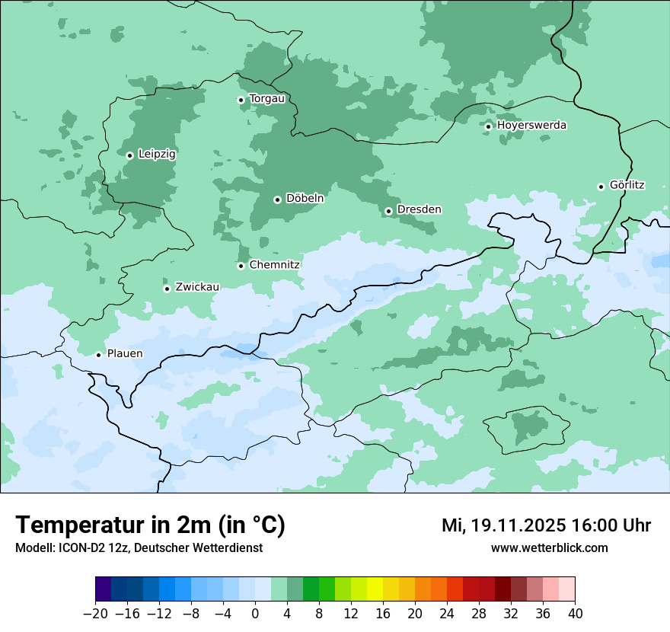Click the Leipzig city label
click(157, 154)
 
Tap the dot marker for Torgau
click(241, 100)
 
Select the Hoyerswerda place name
click(531, 125)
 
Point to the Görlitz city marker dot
click(601, 187)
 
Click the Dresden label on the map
click(419, 209)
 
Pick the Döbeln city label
click(305, 199)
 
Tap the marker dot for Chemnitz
click(241, 266)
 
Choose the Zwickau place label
click(197, 287)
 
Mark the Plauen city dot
click(98, 355)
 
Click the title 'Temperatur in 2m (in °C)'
click(151, 525)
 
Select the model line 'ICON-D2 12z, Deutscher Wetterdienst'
click(139, 548)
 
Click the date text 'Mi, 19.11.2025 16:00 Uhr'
click(546, 525)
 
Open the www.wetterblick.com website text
click(549, 548)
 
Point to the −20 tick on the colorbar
click(95, 614)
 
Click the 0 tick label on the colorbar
click(255, 614)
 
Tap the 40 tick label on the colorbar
click(575, 614)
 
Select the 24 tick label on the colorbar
click(447, 614)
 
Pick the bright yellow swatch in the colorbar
click(375, 589)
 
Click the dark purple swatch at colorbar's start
click(104, 589)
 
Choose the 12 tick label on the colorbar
click(351, 614)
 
